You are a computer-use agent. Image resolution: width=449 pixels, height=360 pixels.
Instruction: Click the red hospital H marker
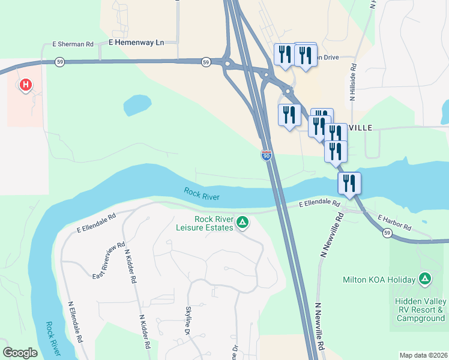tap(25, 85)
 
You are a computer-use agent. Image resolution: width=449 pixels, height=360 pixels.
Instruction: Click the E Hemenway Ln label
tap(136, 43)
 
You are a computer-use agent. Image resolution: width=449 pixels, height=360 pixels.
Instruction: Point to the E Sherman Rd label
tap(73, 44)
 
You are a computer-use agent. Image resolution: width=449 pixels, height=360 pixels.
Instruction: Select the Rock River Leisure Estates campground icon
tap(242, 223)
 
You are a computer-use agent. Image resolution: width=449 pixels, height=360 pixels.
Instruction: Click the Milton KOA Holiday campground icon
tap(425, 279)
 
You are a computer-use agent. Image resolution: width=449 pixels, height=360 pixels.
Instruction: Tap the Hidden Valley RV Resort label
tap(420, 310)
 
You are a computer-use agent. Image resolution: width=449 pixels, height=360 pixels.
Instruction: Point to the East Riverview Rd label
tap(109, 260)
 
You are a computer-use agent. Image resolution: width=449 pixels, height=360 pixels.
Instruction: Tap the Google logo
tap(20, 353)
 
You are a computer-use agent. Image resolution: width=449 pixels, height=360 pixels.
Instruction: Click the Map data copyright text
tap(423, 355)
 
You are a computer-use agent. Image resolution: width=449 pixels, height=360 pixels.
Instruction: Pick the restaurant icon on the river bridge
tap(349, 184)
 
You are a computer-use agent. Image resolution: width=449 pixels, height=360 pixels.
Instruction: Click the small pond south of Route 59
tap(137, 105)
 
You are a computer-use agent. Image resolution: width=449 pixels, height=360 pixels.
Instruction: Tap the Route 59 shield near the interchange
tap(206, 62)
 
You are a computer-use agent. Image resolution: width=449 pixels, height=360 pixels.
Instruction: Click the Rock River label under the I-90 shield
tap(202, 194)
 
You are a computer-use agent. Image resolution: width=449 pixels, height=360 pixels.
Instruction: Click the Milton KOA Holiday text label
tap(379, 280)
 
